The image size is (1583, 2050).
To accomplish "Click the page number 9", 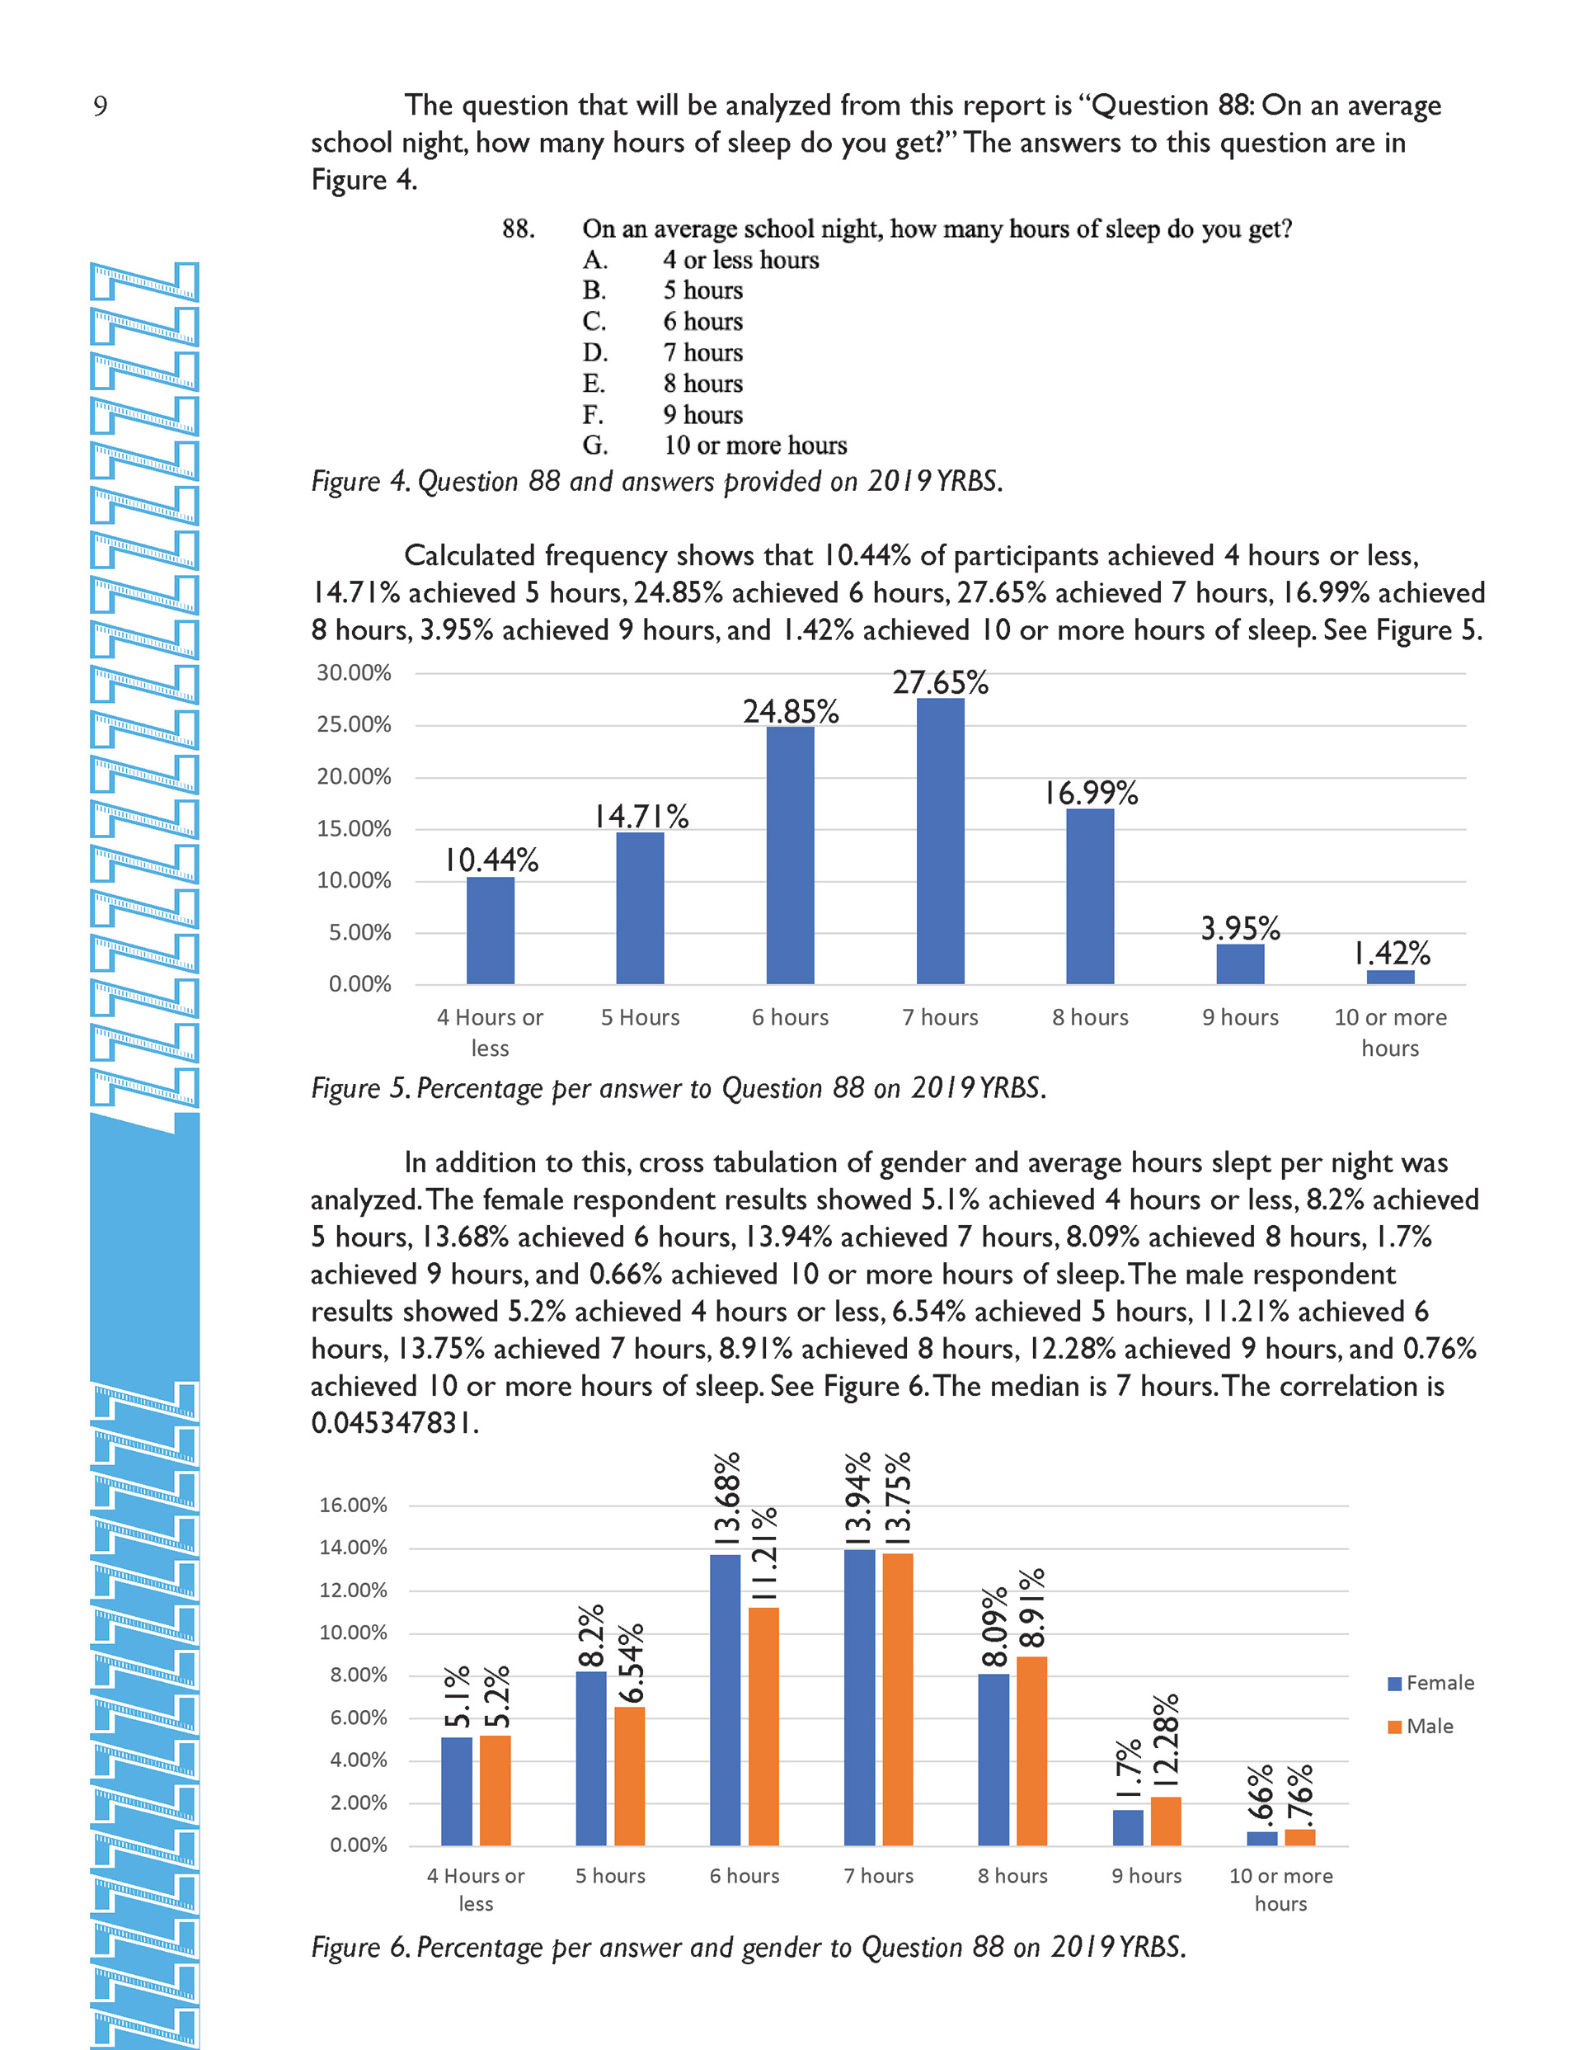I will coord(101,106).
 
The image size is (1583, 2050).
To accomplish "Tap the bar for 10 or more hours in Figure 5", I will coord(1390,977).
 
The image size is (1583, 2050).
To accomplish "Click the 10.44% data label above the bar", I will coord(491,860).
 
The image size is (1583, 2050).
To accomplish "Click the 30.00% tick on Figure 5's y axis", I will coord(354,673).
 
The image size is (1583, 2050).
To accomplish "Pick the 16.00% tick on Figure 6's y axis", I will coord(353,1506).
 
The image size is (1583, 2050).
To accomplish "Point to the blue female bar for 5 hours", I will coord(591,1757).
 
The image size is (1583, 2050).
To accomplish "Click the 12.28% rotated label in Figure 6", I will coord(1166,1741).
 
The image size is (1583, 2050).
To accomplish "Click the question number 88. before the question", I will coord(518,229).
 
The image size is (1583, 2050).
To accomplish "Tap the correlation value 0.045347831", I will coord(395,1424).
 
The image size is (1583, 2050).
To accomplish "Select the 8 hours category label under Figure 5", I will coord(1089,1017).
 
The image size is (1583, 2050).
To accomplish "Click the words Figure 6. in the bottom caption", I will coord(360,1948).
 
